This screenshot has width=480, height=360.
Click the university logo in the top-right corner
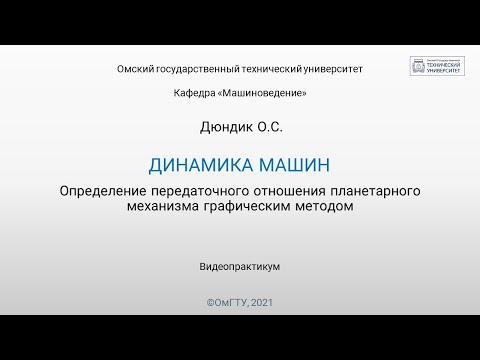coord(437,67)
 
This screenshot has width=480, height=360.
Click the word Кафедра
coord(194,93)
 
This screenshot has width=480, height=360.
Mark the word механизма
coord(163,207)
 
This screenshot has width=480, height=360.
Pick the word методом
coord(326,207)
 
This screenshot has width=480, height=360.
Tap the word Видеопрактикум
coord(239,267)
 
